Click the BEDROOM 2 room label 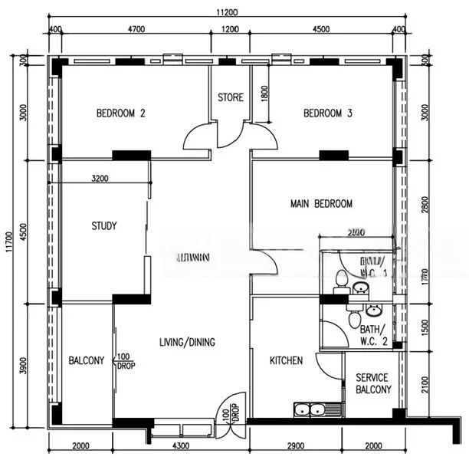[120, 113]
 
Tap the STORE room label [230, 97]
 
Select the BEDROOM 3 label [327, 113]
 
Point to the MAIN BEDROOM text [321, 204]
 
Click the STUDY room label [103, 226]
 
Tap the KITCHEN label [286, 360]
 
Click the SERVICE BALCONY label [372, 383]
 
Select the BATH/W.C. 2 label [375, 335]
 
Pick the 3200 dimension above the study [99, 179]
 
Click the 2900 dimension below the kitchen [296, 445]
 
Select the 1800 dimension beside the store [264, 94]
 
